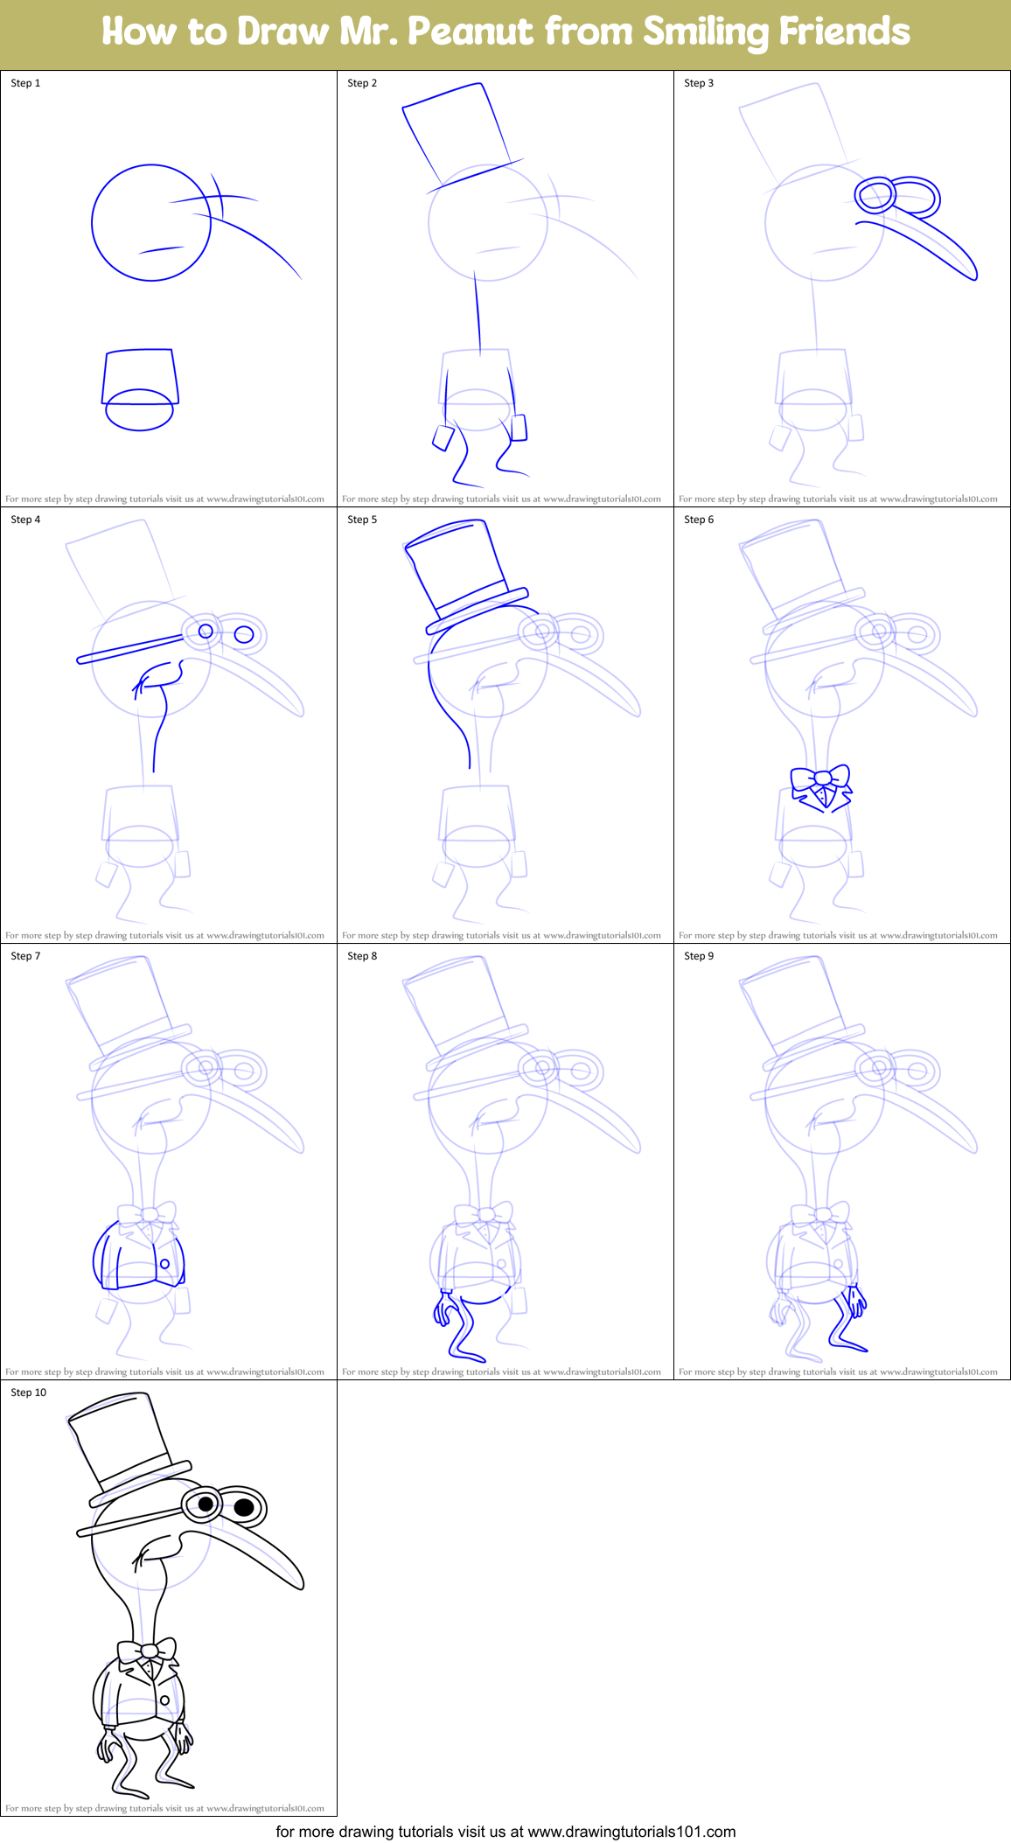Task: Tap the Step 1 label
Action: (x=25, y=83)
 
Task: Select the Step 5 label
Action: (x=362, y=520)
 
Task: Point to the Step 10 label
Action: (x=29, y=1393)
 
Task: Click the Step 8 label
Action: (x=362, y=956)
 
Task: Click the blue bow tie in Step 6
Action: (x=820, y=780)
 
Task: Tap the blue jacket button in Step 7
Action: (x=164, y=1264)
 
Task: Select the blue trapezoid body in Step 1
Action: (x=140, y=376)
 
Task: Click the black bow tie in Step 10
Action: (x=148, y=1651)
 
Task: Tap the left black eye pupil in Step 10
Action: (x=206, y=1504)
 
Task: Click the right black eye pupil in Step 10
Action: (x=245, y=1507)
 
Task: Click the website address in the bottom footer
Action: (x=631, y=1831)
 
